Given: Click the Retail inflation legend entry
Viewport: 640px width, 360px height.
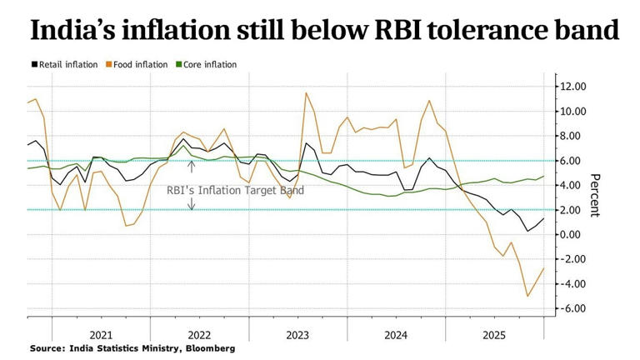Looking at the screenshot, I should coord(65,64).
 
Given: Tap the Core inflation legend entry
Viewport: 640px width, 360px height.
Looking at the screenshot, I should coord(206,64).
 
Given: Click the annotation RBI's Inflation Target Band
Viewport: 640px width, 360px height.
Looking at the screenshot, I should coord(236,191).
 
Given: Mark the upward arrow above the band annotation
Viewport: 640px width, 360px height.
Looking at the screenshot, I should coord(191,167).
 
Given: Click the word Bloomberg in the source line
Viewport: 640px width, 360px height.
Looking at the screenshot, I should coord(210,347).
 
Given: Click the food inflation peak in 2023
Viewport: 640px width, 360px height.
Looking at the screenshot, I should coord(306,92).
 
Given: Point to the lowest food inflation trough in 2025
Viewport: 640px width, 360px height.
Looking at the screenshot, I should coord(527,296).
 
